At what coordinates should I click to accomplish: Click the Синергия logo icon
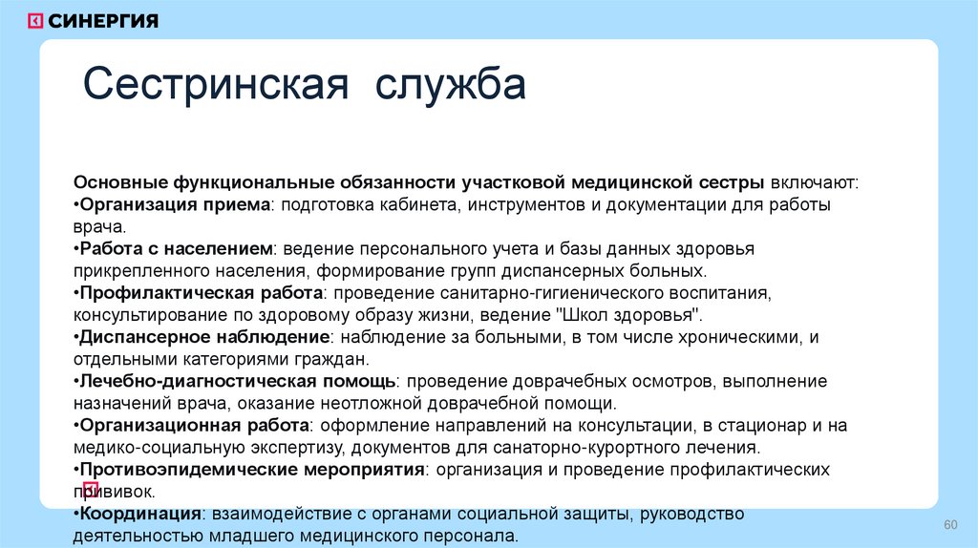[x=35, y=21]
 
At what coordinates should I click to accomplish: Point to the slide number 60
[x=949, y=526]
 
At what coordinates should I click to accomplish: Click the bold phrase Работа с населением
[x=177, y=248]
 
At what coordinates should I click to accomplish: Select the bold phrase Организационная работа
[x=194, y=425]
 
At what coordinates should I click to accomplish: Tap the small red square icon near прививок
[x=92, y=490]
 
